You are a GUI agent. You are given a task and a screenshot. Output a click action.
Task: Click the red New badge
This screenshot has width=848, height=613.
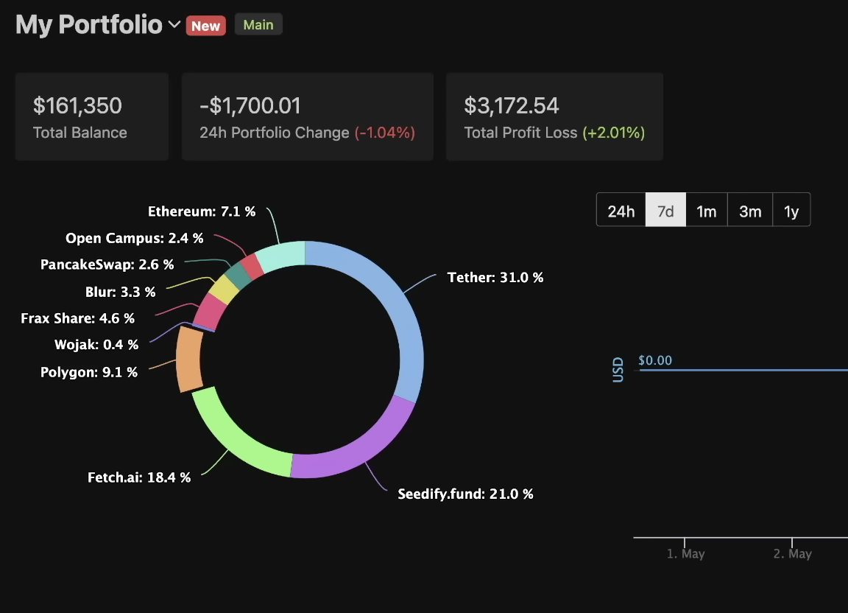[x=205, y=26]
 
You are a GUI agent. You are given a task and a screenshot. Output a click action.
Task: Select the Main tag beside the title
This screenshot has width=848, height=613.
[x=258, y=25]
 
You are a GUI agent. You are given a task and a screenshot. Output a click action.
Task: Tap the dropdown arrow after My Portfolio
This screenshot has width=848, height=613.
[x=174, y=25]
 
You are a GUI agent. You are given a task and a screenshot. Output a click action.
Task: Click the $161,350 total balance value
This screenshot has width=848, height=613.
[x=77, y=106]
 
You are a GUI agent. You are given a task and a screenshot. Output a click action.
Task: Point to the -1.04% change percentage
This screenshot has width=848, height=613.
[x=385, y=133]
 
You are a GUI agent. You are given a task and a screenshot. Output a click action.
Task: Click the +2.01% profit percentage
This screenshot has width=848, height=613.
[x=613, y=133]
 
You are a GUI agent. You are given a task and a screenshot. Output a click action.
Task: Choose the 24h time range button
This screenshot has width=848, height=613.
[x=621, y=211]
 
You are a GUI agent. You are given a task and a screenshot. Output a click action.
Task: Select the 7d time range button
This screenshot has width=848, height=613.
[x=665, y=211]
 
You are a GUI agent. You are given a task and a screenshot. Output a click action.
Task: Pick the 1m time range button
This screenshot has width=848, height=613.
[x=706, y=211]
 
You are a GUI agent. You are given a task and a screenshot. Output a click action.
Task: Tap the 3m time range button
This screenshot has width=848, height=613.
[x=750, y=211]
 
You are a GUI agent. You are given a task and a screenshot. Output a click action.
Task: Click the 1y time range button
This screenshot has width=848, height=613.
[x=791, y=211]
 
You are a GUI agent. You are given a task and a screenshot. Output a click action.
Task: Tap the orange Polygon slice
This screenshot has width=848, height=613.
[x=189, y=360]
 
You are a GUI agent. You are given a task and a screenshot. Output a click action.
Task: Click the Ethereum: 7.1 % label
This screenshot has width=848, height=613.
[x=202, y=212]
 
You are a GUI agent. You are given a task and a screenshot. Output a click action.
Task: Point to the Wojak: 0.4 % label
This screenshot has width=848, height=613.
[x=96, y=345]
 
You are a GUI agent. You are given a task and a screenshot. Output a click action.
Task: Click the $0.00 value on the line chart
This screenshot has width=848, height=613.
[x=655, y=361]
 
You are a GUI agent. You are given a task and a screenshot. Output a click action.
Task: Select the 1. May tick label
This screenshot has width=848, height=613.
[x=685, y=554]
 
